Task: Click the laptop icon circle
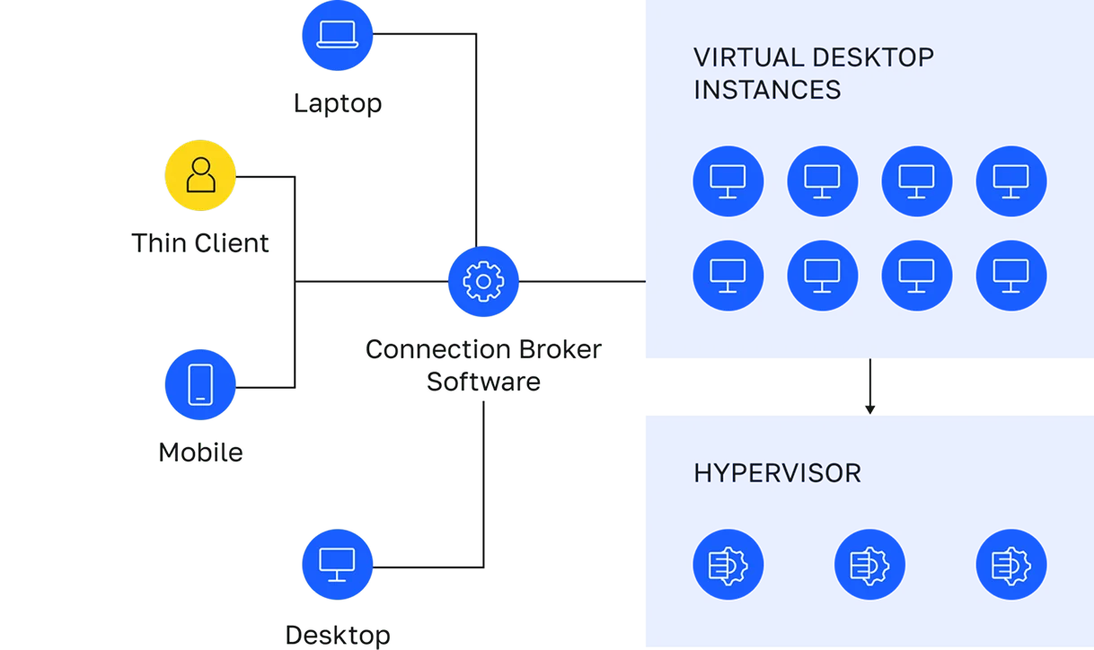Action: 337,35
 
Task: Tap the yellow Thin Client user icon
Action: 200,176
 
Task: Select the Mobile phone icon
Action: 200,384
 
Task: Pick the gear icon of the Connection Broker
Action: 483,282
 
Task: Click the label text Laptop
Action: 338,103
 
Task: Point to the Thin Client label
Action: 200,243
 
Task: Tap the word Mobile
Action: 200,452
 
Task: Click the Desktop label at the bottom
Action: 338,636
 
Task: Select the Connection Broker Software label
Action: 484,365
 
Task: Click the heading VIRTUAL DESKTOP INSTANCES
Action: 812,74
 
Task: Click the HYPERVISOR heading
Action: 777,473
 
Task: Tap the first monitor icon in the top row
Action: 728,181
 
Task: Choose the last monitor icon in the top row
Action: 1010,181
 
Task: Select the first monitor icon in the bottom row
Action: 728,276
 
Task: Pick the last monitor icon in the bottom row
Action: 1010,276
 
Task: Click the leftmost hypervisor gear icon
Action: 728,565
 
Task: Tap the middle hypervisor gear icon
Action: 869,565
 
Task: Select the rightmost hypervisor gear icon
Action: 1010,565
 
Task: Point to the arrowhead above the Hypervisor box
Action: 869,409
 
